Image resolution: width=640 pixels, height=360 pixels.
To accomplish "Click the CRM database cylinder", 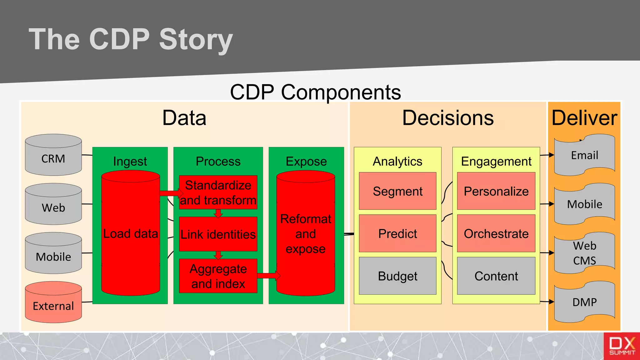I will pyautogui.click(x=53, y=155).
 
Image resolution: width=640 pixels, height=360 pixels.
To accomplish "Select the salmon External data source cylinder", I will pyautogui.click(x=53, y=302).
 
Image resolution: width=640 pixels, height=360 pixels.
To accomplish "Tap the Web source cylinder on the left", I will pyautogui.click(x=53, y=204).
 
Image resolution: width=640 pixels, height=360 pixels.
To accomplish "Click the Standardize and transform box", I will pyautogui.click(x=218, y=192).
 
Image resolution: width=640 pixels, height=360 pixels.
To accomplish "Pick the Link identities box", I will pyautogui.click(x=218, y=234).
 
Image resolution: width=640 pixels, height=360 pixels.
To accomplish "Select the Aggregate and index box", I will pyautogui.click(x=218, y=276).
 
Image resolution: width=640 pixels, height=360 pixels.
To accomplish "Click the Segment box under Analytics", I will pyautogui.click(x=397, y=191).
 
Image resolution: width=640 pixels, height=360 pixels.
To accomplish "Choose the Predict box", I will pyautogui.click(x=397, y=233).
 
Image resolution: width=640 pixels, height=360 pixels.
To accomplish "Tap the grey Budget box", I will pyautogui.click(x=397, y=276).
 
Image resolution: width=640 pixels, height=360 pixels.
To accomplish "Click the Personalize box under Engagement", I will pyautogui.click(x=496, y=191).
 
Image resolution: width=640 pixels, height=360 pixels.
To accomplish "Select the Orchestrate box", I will pyautogui.click(x=496, y=233).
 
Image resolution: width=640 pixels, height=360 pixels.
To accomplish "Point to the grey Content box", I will pyautogui.click(x=496, y=276).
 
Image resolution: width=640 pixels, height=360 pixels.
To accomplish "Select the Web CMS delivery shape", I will pyautogui.click(x=584, y=253).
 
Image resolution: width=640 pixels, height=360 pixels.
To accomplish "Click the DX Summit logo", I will pyautogui.click(x=622, y=346).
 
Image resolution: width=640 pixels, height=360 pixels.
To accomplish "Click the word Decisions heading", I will pyautogui.click(x=447, y=118).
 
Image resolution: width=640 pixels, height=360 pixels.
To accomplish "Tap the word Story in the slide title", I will pyautogui.click(x=196, y=40).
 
